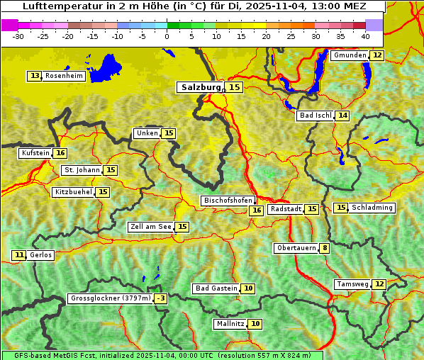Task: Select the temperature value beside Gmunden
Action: pos(377,55)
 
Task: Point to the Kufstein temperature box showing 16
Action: pos(61,153)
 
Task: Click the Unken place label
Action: pos(147,133)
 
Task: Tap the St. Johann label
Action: pos(82,170)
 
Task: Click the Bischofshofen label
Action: pos(228,201)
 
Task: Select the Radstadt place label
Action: pos(286,209)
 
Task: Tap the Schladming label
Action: pos(372,208)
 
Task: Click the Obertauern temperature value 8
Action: pos(324,248)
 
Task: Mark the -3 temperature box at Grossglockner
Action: pos(161,299)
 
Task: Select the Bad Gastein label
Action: pos(216,288)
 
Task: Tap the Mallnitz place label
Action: pos(230,324)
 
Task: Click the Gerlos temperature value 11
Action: pos(19,255)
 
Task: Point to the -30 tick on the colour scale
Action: pos(18,35)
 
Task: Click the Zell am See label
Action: pos(151,227)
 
